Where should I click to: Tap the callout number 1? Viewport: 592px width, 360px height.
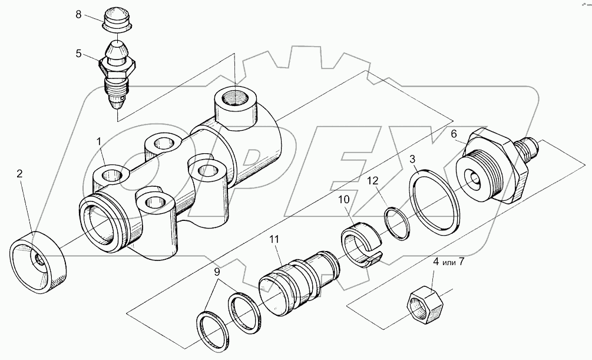(100, 141)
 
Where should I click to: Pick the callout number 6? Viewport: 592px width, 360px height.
(454, 134)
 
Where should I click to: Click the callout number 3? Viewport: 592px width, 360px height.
(413, 160)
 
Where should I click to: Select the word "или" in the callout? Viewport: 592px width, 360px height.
(446, 260)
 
